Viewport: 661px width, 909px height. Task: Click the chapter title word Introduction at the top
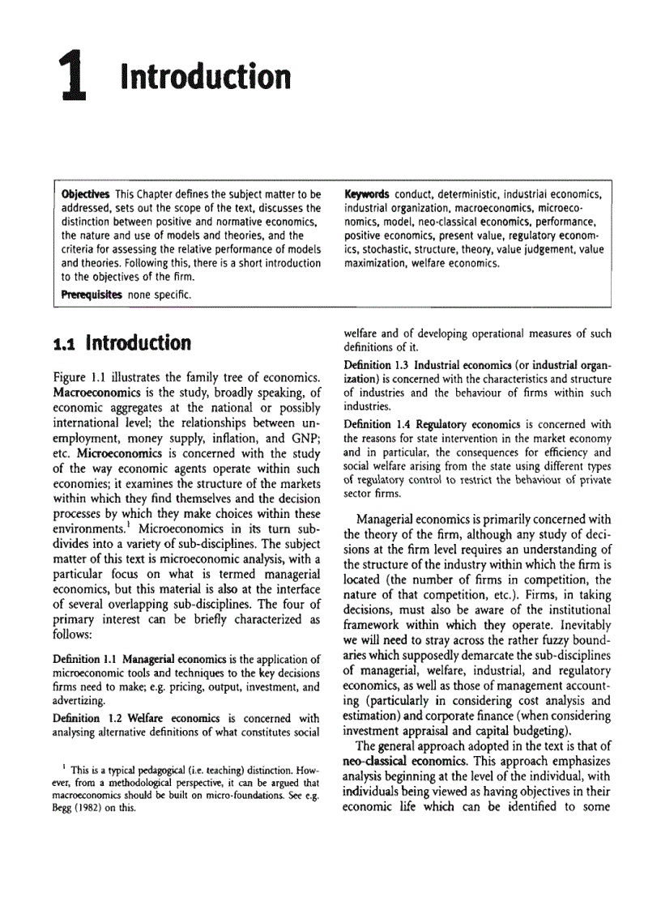coord(205,78)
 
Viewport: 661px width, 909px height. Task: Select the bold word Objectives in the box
coord(86,195)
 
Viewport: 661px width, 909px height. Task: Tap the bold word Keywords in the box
coord(367,195)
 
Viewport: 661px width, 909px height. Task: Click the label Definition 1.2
coord(88,718)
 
